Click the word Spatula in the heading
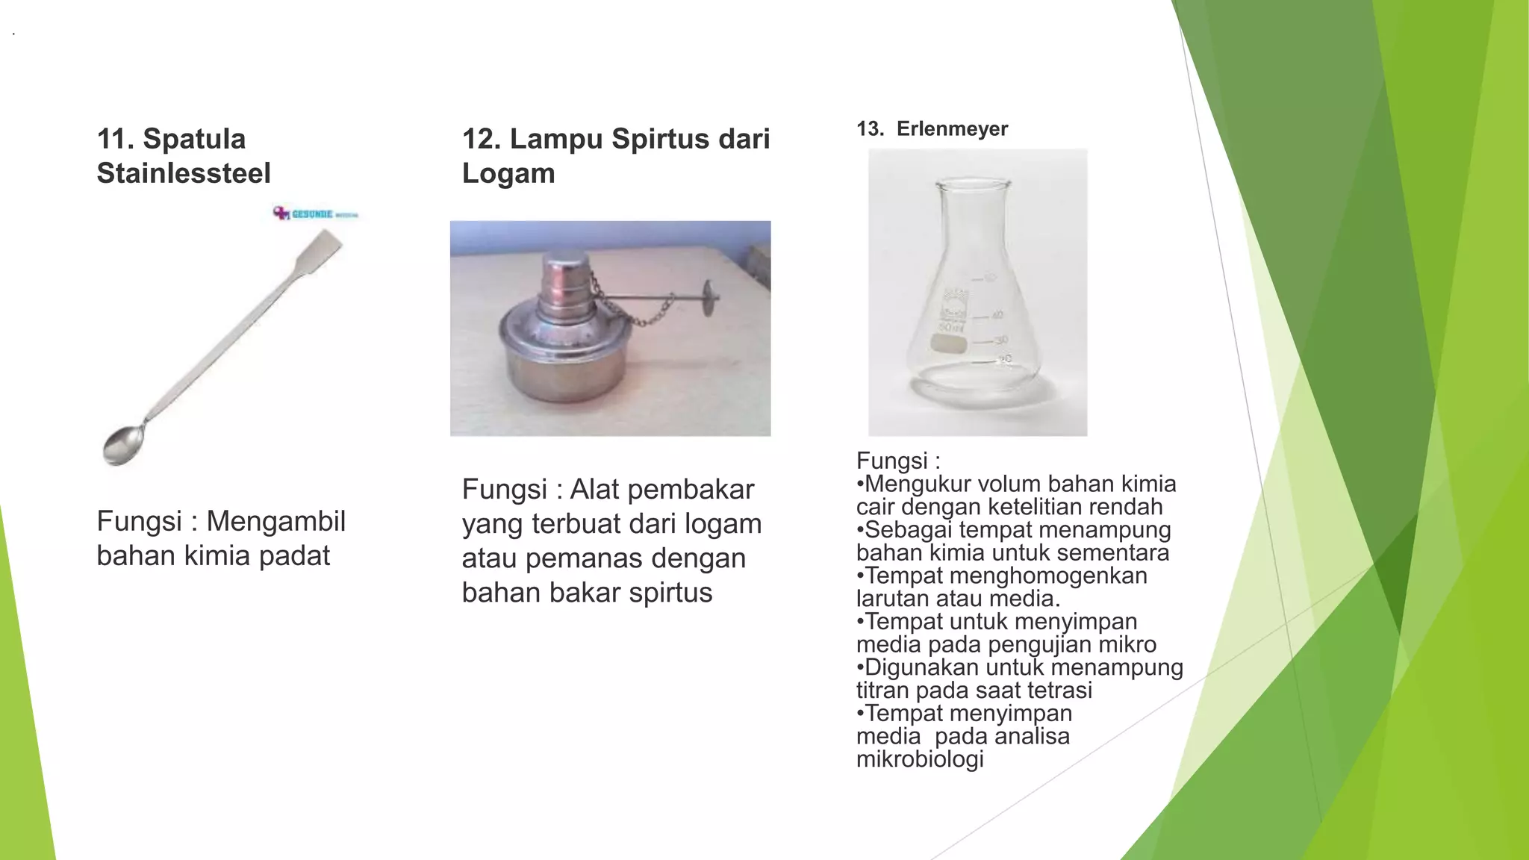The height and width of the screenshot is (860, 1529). [x=194, y=139]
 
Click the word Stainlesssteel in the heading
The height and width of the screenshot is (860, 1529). [x=184, y=173]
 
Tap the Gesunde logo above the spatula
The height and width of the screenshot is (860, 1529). [x=316, y=214]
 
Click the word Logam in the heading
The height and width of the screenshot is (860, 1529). [x=508, y=173]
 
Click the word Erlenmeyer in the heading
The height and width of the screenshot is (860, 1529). [x=952, y=129]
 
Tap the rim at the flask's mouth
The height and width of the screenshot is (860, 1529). [x=973, y=184]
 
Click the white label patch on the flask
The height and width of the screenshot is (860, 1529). [x=949, y=343]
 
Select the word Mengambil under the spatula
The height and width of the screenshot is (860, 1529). [x=275, y=521]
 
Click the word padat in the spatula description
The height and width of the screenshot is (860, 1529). [x=294, y=555]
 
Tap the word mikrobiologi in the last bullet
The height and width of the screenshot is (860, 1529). [x=920, y=759]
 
